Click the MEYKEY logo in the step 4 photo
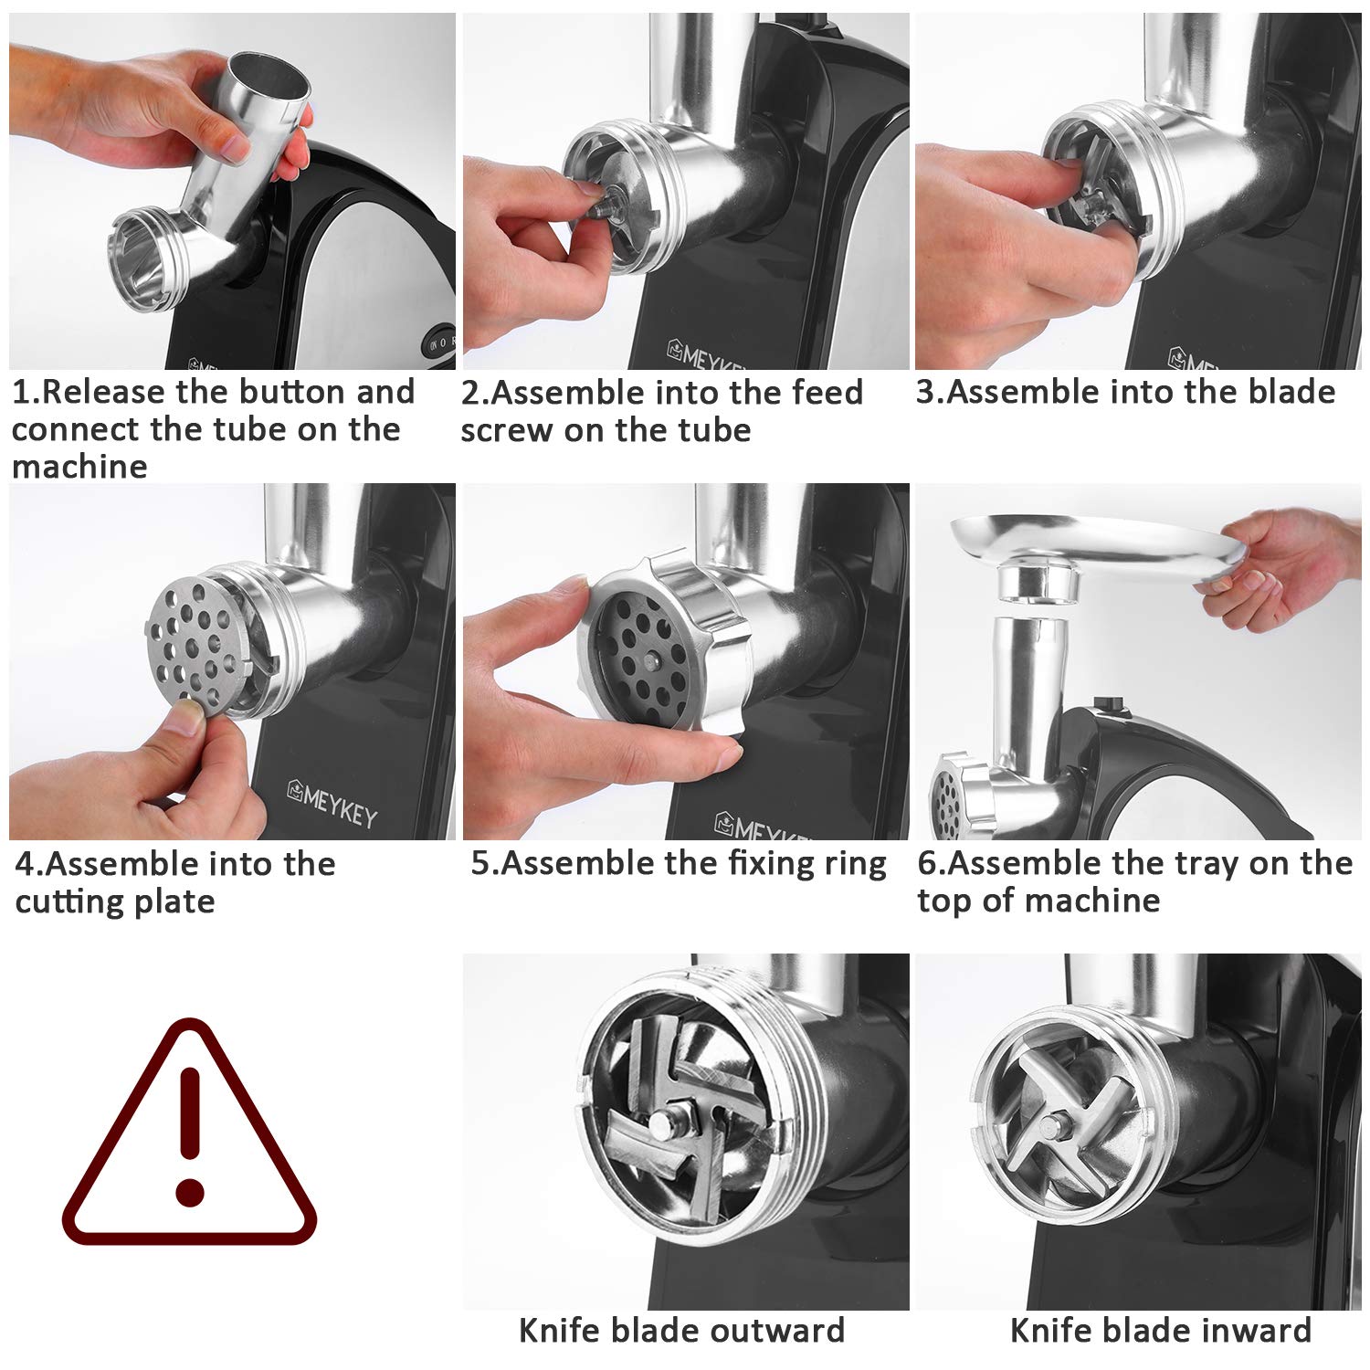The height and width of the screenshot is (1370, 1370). click(x=332, y=803)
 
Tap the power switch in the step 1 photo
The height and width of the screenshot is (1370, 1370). click(x=438, y=342)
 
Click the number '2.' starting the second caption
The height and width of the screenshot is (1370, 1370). click(x=474, y=393)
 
